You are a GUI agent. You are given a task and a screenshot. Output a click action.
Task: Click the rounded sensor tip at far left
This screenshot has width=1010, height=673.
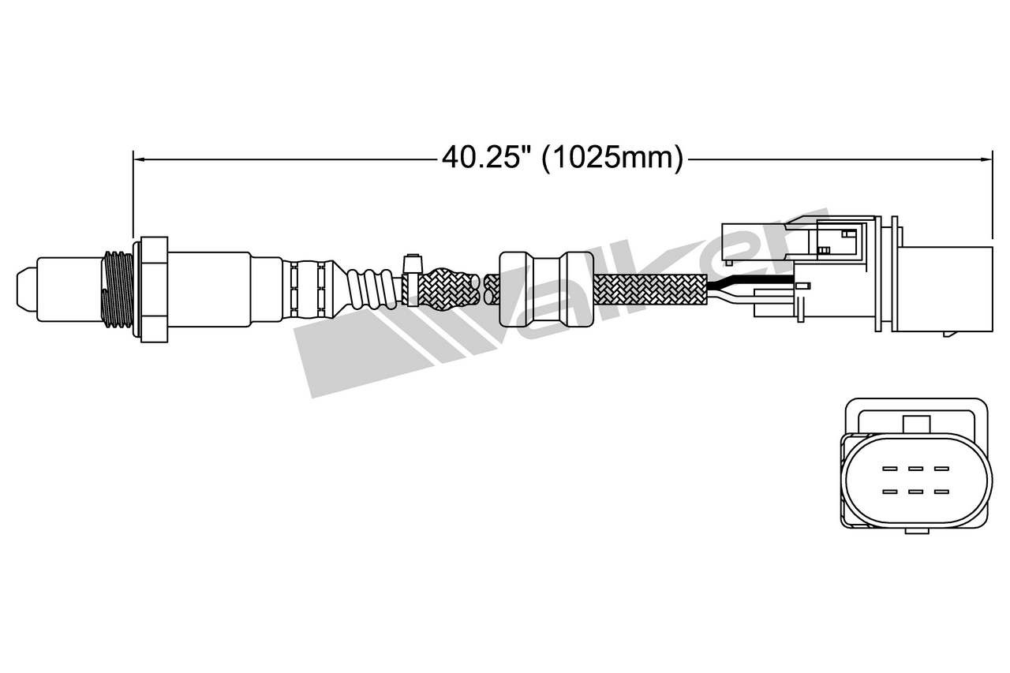[x=27, y=289]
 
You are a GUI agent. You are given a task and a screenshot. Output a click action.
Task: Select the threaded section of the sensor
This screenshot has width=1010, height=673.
[x=118, y=289]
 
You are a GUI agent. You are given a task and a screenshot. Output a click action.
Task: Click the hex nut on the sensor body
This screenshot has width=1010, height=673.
[x=154, y=290]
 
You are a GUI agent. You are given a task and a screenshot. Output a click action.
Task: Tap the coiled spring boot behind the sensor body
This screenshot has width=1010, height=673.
[x=371, y=289]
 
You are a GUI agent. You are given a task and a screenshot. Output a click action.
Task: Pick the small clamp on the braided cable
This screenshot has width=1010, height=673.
[x=412, y=280]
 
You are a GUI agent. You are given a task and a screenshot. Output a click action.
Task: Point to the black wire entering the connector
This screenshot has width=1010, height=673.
[x=750, y=280]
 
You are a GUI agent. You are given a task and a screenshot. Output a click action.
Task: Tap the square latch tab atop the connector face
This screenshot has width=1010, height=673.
[x=917, y=424]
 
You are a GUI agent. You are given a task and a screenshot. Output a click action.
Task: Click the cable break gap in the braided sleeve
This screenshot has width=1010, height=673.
[x=481, y=289]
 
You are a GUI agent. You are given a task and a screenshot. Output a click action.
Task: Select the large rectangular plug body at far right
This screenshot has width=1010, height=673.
[x=945, y=289]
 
